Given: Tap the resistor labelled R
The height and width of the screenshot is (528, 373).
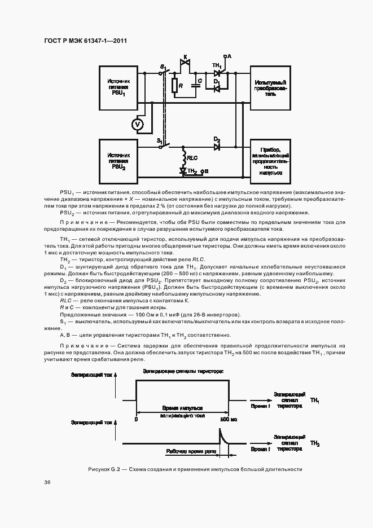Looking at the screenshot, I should pyautogui.click(x=175, y=86).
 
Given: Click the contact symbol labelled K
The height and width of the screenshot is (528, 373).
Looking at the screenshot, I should pyautogui.click(x=183, y=65).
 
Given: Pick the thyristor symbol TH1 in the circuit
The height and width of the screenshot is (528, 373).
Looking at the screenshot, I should pyautogui.click(x=217, y=72).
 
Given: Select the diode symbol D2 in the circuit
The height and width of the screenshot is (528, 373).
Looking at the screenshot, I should pyautogui.click(x=217, y=147).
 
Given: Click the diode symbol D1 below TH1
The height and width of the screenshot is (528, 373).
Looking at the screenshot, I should pyautogui.click(x=217, y=88).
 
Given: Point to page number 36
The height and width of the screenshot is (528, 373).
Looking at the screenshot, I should pyautogui.click(x=48, y=482).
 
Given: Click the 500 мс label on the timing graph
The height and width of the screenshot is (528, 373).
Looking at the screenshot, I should pyautogui.click(x=229, y=419).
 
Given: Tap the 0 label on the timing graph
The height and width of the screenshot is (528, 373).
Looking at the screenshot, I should pyautogui.click(x=137, y=419).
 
